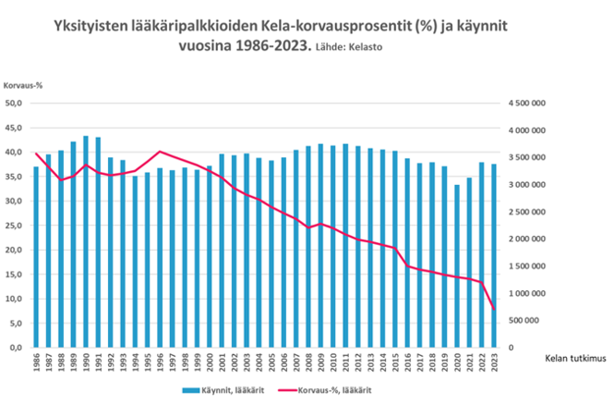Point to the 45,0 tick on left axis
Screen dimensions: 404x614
(x=16, y=129)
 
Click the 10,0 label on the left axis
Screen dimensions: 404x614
(x=16, y=300)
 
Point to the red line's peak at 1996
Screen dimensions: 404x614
(x=161, y=152)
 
